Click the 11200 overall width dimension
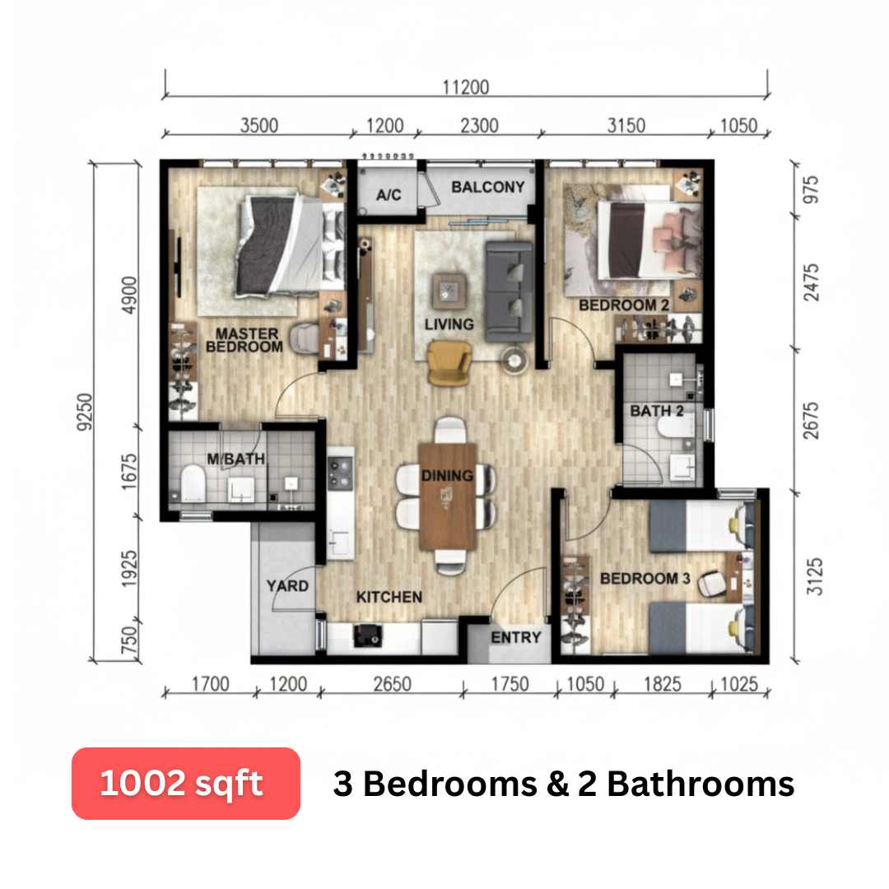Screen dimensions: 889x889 [465, 87]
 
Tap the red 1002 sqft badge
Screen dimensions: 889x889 [186, 784]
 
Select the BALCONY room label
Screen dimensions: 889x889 [487, 187]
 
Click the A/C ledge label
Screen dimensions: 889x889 [389, 195]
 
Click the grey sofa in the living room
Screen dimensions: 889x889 [509, 291]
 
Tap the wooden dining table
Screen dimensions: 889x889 [447, 496]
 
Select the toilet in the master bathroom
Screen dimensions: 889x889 [193, 484]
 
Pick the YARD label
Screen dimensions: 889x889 [287, 586]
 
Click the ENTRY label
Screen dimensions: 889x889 [516, 637]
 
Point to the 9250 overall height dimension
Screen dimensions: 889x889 [85, 412]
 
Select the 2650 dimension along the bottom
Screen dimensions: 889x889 [393, 684]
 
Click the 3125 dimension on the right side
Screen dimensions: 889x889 [814, 576]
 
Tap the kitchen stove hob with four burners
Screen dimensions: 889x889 [340, 472]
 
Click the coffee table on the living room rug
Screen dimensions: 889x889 [449, 291]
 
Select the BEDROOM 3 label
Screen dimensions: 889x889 [645, 579]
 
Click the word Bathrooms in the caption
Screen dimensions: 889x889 [700, 784]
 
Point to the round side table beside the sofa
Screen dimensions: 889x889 [514, 361]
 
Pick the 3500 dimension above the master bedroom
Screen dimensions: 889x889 [259, 125]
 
